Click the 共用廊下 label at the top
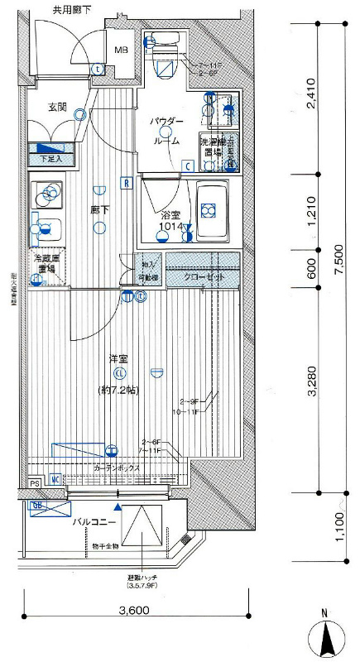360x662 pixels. pos(72,10)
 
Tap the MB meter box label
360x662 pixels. pos(121,50)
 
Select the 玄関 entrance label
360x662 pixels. pos(57,107)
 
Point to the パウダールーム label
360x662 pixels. pos(166,131)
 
